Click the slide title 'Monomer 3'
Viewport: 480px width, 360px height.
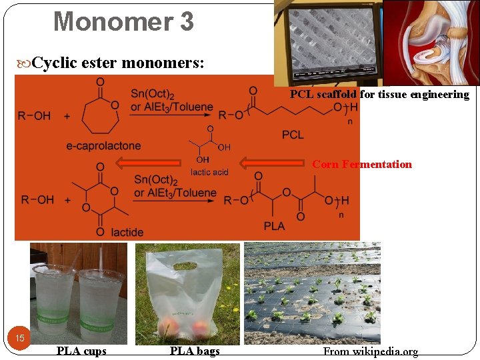click(x=123, y=21)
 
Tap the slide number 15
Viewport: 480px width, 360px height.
click(x=20, y=338)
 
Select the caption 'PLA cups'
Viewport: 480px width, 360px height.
click(x=81, y=351)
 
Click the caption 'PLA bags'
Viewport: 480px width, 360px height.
click(x=195, y=351)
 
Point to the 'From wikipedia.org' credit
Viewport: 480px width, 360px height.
click(x=371, y=351)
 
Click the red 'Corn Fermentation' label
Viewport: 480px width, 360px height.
click(x=362, y=164)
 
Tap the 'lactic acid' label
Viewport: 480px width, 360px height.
click(x=209, y=172)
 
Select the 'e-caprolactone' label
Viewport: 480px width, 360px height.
click(x=103, y=146)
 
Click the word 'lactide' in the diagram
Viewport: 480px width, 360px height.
click(x=127, y=232)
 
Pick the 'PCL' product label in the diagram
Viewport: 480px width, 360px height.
click(x=293, y=135)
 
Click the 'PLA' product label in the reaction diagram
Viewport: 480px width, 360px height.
click(x=274, y=226)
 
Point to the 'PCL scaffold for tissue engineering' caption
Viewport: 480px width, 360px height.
click(x=379, y=95)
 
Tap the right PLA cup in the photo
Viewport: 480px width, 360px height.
click(x=101, y=303)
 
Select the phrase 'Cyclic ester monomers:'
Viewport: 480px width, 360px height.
click(x=119, y=63)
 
